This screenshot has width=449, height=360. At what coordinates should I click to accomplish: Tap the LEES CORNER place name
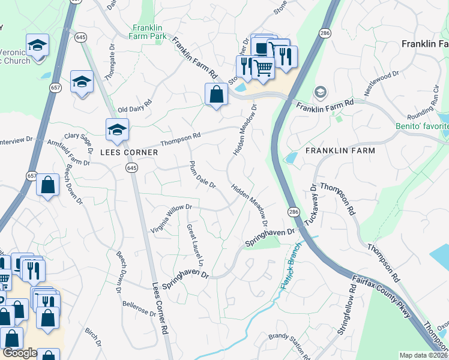(x=124, y=152)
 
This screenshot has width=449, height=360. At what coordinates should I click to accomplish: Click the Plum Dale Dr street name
(x=202, y=175)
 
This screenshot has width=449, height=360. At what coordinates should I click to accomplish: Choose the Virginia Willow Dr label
(x=171, y=218)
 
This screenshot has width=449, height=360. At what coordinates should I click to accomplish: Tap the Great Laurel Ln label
(x=196, y=245)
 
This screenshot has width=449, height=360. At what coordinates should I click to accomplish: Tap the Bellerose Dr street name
(x=139, y=313)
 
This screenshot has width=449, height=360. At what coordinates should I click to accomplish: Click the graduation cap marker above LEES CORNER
(x=117, y=129)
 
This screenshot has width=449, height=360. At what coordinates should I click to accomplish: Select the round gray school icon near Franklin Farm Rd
(x=321, y=92)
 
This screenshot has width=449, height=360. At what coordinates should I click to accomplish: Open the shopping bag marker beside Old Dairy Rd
(x=215, y=94)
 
